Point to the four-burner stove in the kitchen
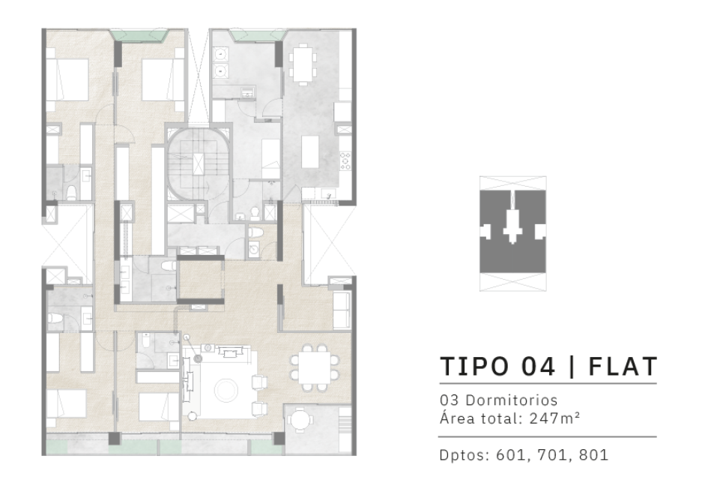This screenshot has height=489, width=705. click(x=345, y=160)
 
